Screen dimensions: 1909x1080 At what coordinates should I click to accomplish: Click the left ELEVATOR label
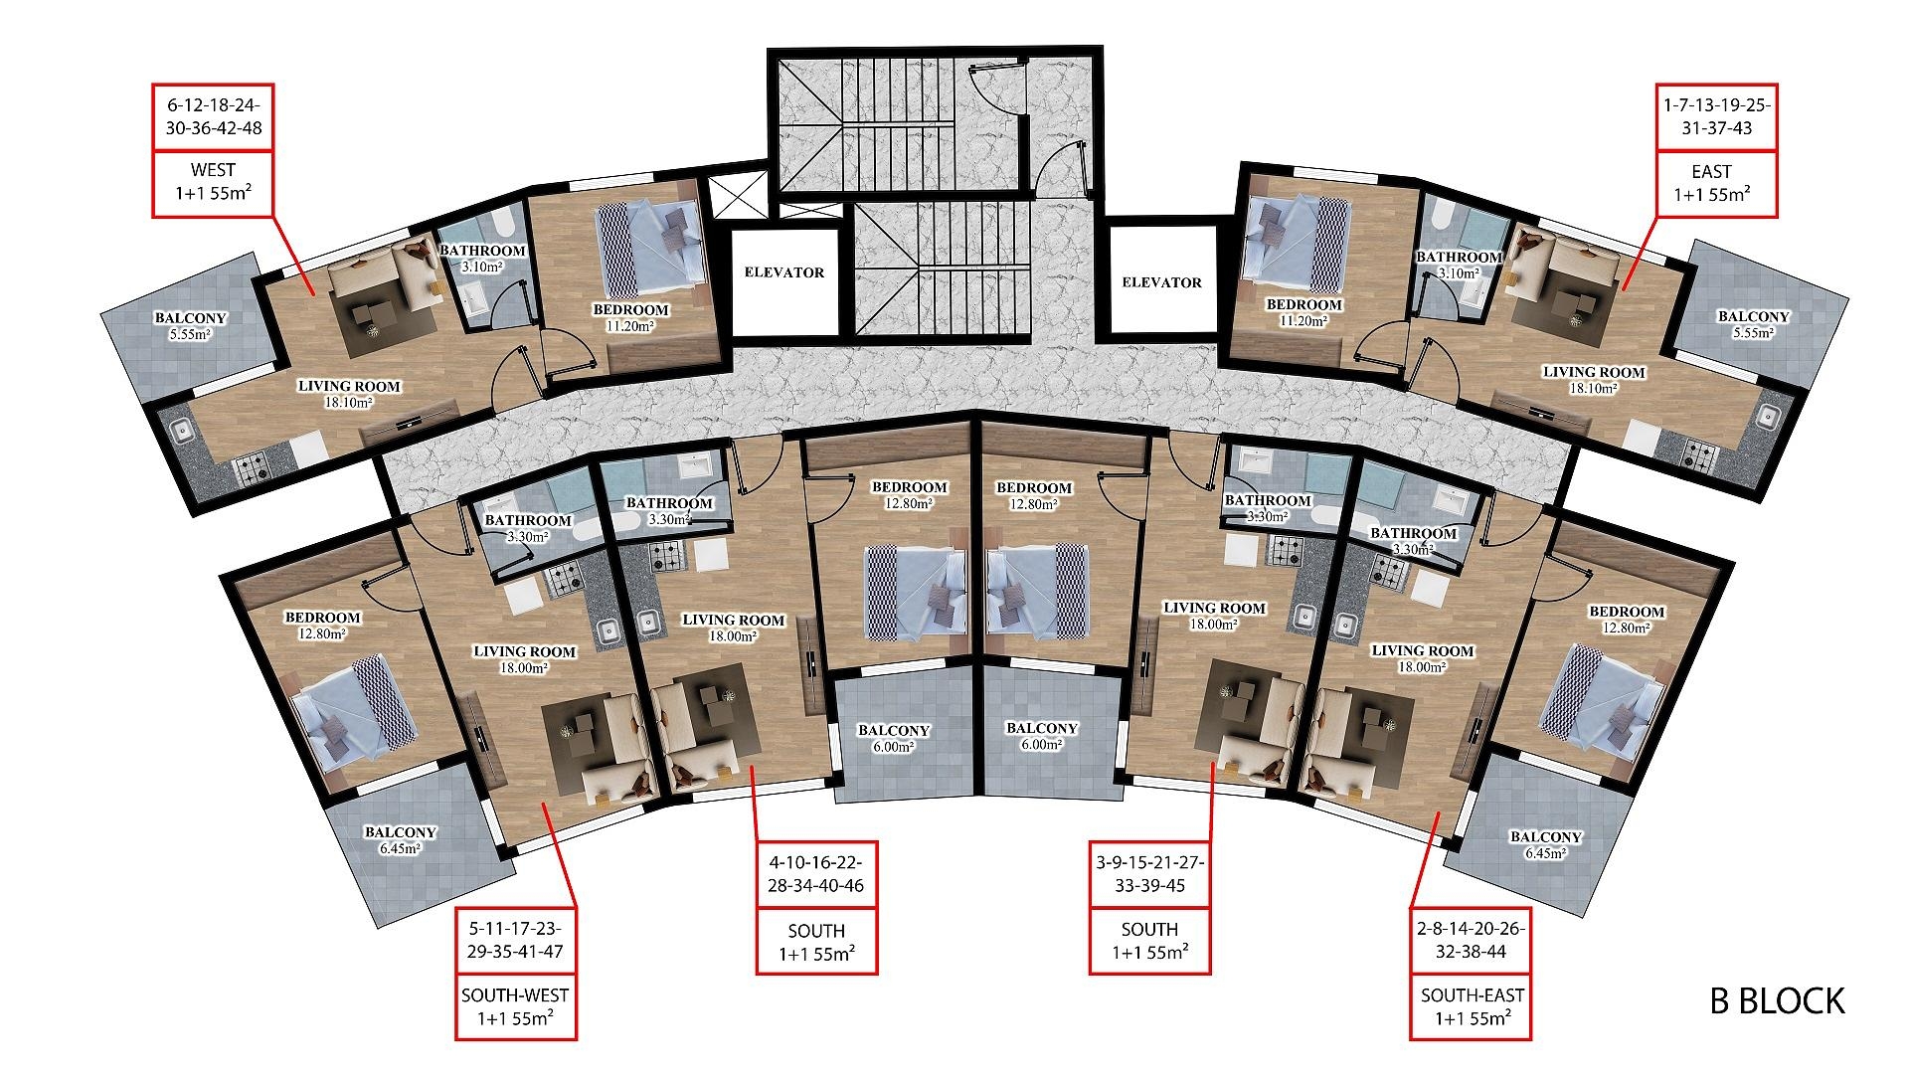784,271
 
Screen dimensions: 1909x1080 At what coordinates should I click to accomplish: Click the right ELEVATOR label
1161,282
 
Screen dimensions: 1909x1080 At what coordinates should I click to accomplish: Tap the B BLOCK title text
1777,1000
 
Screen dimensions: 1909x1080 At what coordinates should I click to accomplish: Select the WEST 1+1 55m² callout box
213,184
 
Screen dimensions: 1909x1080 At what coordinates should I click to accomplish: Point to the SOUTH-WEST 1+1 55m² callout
515,1006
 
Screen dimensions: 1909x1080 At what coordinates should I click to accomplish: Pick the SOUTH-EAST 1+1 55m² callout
1472,1006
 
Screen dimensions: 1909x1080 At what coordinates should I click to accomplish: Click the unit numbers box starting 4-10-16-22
816,874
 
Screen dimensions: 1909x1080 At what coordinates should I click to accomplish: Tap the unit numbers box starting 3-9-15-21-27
1149,874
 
